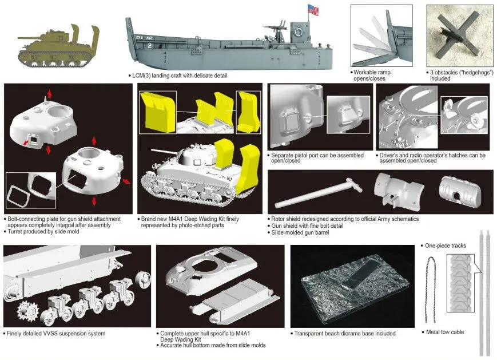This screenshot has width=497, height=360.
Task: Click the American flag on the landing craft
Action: (x=313, y=10)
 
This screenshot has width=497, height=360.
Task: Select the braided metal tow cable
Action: (x=432, y=289)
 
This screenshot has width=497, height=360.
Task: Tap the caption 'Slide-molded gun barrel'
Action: (x=300, y=232)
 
